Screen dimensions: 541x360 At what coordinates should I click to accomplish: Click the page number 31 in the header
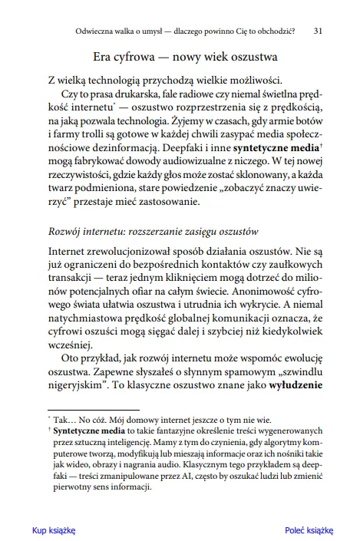317,33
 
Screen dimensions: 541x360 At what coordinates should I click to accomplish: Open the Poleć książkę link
309,530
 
